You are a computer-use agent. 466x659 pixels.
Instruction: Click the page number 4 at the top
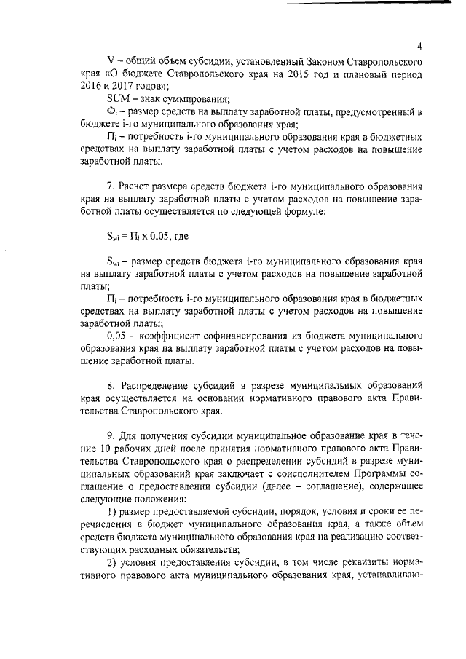pos(420,45)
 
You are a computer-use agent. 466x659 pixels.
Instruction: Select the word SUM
pos(117,99)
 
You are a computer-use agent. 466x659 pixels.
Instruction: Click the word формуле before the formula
pos(305,211)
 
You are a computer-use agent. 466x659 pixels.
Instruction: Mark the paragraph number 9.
pos(110,435)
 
